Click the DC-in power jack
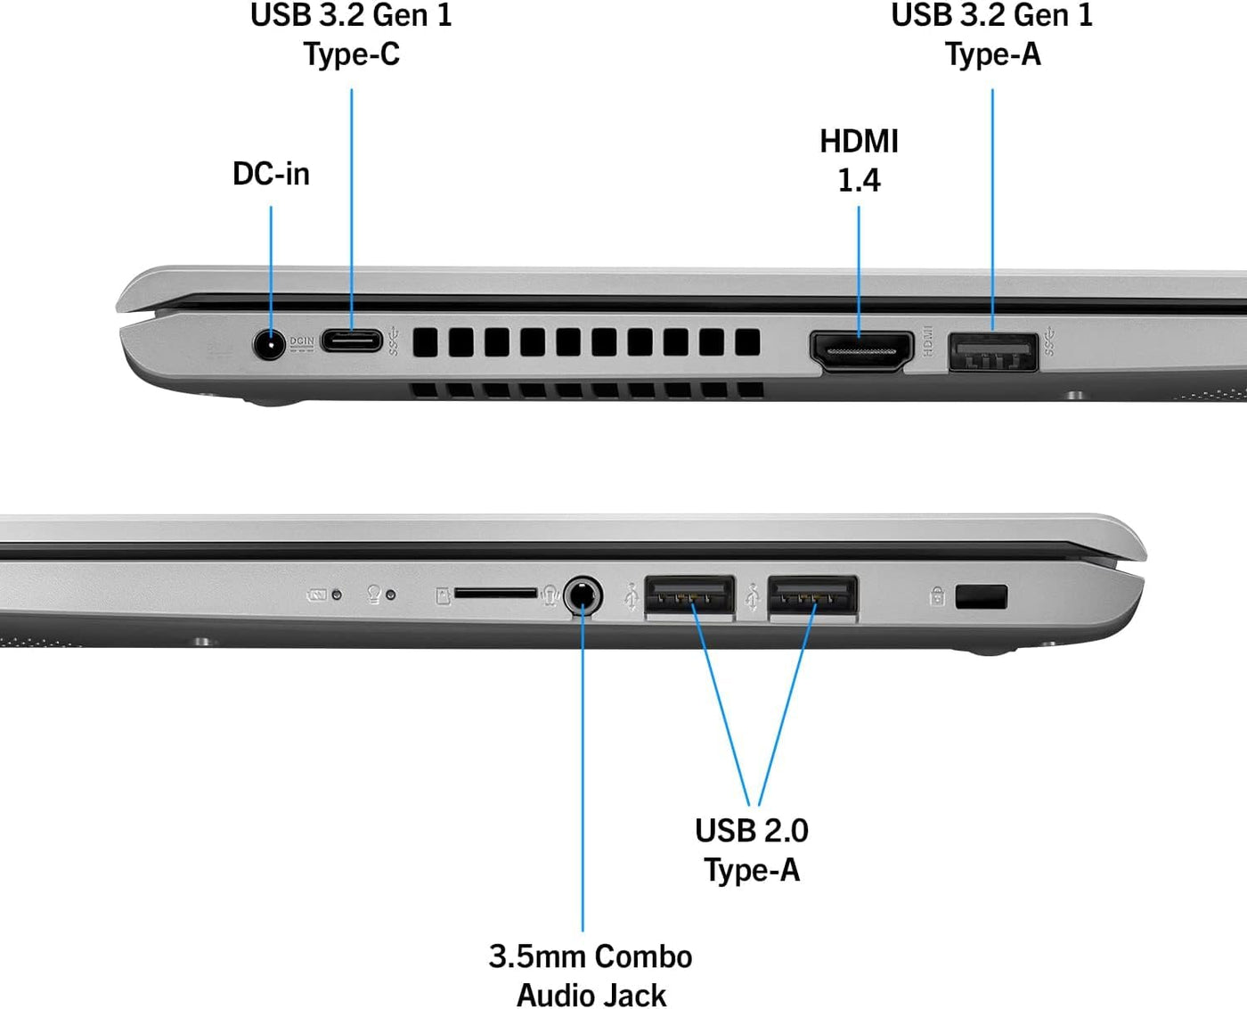pyautogui.click(x=269, y=344)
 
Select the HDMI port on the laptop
pyautogui.click(x=861, y=351)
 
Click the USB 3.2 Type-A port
pyautogui.click(x=993, y=352)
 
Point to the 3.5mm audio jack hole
pyautogui.click(x=583, y=595)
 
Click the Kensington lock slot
pyautogui.click(x=982, y=597)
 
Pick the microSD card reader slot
pyautogui.click(x=495, y=593)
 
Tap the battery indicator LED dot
pyautogui.click(x=337, y=595)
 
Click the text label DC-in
pyautogui.click(x=271, y=174)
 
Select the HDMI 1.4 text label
pyautogui.click(x=859, y=160)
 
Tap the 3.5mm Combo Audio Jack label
pyautogui.click(x=591, y=976)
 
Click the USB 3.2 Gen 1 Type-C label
pyautogui.click(x=351, y=34)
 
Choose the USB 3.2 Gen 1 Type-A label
pyautogui.click(x=992, y=34)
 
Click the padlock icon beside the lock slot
pyautogui.click(x=937, y=596)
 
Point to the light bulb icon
pyautogui.click(x=374, y=595)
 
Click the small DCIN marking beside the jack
pyautogui.click(x=302, y=343)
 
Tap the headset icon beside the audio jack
pyautogui.click(x=550, y=595)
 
